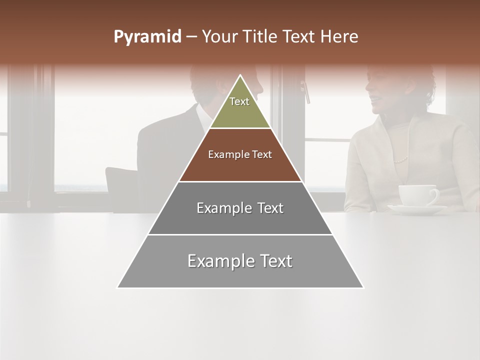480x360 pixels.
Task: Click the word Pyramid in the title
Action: [147, 37]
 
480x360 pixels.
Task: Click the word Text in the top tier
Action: [239, 101]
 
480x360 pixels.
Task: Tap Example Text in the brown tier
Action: [240, 154]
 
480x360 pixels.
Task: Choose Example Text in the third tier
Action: [240, 208]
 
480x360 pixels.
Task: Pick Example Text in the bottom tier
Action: [240, 261]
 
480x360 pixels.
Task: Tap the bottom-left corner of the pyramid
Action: [117, 287]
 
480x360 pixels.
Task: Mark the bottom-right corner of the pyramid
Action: [363, 287]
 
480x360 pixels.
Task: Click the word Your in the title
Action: [219, 37]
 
